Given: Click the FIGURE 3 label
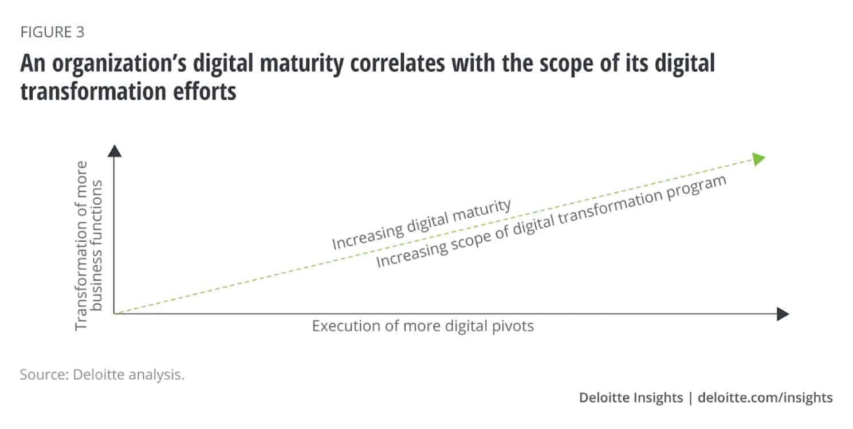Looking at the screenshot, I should coord(52,33).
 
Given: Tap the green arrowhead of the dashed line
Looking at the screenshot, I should coord(758,159).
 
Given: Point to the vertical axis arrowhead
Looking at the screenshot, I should coord(115,151).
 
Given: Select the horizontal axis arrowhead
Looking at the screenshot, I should coord(783,314).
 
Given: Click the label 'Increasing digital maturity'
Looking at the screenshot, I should coord(421,225).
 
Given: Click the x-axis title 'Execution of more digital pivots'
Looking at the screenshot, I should coord(423,326).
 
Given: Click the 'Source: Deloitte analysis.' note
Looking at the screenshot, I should coord(102,376).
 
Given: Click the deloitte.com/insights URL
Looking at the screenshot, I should coord(765,397).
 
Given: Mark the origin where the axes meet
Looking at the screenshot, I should coord(115,313).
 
